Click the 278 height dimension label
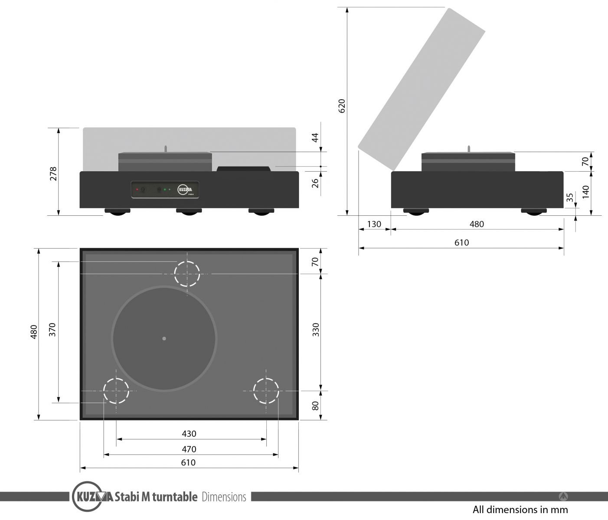[x=53, y=173]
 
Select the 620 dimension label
[x=341, y=106]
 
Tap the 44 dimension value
[x=315, y=137]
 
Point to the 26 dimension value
[x=315, y=183]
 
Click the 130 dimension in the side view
[x=374, y=224]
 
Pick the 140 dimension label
[x=585, y=192]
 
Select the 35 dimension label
[x=570, y=197]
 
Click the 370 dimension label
[x=52, y=329]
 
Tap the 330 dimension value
[x=315, y=329]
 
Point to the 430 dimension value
[x=189, y=434]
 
